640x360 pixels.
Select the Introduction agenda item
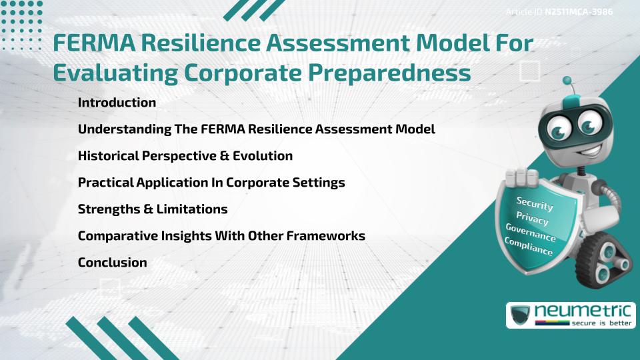click(117, 103)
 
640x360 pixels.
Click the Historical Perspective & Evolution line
click(185, 156)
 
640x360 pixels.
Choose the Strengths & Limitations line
click(153, 209)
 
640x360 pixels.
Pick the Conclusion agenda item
click(112, 263)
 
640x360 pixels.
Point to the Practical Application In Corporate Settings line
click(211, 183)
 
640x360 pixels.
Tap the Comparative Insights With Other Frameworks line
click(221, 236)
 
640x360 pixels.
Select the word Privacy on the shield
click(532, 219)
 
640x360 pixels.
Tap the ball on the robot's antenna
click(567, 81)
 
